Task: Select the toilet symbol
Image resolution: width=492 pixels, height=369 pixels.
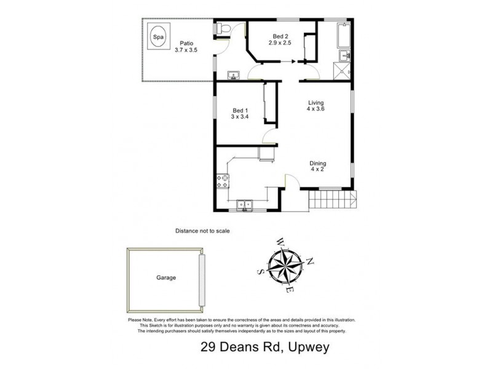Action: pyautogui.click(x=223, y=28)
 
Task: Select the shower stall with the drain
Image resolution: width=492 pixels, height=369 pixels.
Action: pyautogui.click(x=344, y=69)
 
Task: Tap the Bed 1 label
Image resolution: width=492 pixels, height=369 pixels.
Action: pyautogui.click(x=240, y=108)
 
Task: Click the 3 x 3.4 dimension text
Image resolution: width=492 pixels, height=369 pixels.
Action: pyautogui.click(x=240, y=116)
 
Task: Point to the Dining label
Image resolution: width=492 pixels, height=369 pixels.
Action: pyautogui.click(x=318, y=162)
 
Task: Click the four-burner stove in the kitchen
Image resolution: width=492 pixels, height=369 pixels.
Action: pyautogui.click(x=223, y=181)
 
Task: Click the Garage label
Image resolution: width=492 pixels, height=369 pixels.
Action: pyautogui.click(x=165, y=277)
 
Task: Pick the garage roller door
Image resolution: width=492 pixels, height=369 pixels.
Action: pyautogui.click(x=202, y=280)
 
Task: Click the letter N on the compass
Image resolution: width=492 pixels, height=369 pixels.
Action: pyautogui.click(x=311, y=261)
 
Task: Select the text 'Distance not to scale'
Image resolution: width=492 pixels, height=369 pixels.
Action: pyautogui.click(x=202, y=231)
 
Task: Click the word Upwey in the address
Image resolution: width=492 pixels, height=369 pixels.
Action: pyautogui.click(x=307, y=347)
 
